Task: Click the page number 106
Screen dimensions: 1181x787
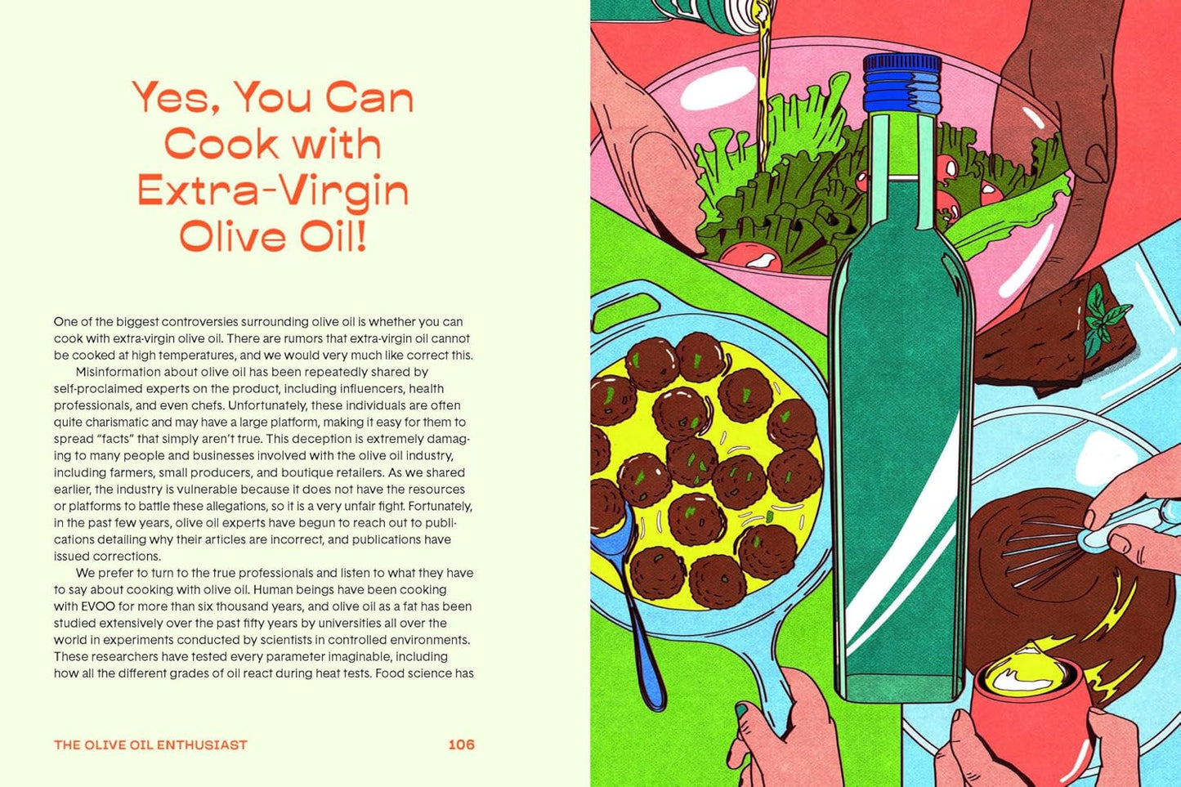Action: [x=461, y=745]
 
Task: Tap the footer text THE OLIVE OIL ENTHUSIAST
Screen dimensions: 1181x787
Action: [x=150, y=745]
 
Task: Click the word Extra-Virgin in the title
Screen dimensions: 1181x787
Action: [x=273, y=192]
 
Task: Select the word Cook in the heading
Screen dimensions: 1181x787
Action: [x=221, y=143]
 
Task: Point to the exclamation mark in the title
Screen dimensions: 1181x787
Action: [x=361, y=237]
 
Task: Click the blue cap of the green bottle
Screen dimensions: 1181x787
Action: [x=902, y=83]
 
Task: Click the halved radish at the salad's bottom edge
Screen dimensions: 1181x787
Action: [x=751, y=257]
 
